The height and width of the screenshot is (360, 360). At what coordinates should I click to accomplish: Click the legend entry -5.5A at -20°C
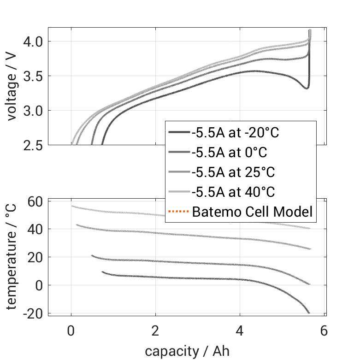click(x=236, y=133)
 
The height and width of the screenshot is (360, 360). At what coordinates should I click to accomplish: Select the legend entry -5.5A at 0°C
click(x=229, y=153)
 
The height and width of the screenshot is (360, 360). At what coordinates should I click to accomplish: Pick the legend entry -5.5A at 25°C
click(x=233, y=172)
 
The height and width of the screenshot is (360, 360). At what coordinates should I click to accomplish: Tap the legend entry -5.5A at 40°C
click(x=233, y=192)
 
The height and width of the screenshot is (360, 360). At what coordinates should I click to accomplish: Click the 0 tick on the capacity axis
click(x=71, y=330)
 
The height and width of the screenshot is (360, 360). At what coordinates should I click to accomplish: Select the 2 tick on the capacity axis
click(x=155, y=330)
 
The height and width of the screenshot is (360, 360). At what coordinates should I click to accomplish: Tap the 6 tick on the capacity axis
click(x=324, y=330)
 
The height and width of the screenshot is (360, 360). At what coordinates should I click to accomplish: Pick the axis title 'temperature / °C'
click(x=12, y=257)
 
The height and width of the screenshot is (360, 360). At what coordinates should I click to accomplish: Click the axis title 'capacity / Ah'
click(x=187, y=351)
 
